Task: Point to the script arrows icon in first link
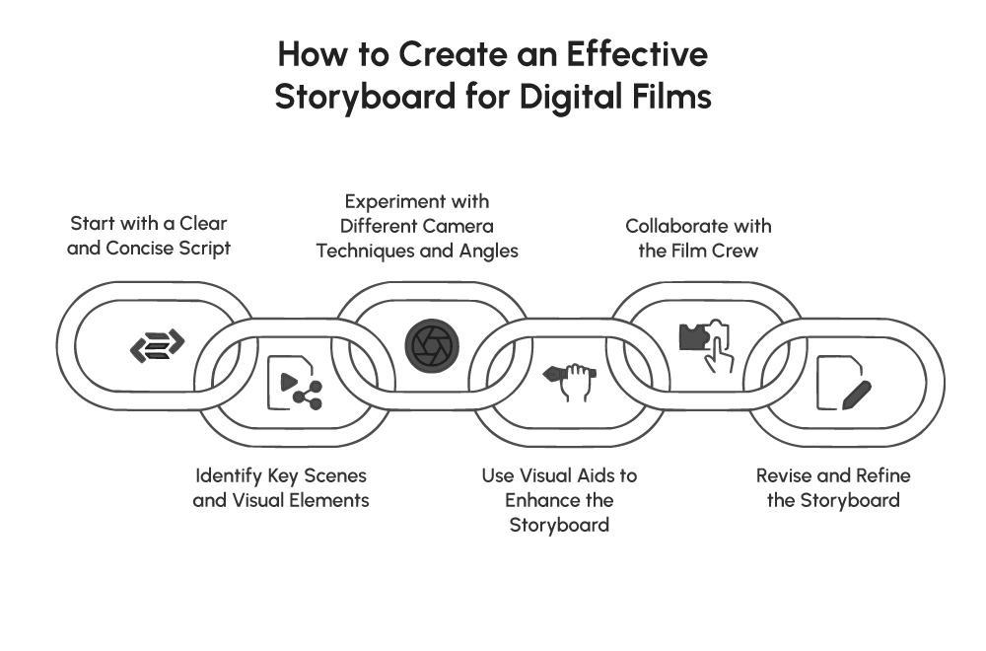pyautogui.click(x=158, y=345)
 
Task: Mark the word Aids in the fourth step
pyautogui.click(x=614, y=475)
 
